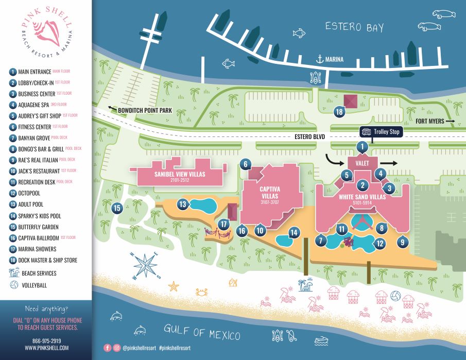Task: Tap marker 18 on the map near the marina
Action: pos(339,112)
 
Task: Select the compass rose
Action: pos(146,264)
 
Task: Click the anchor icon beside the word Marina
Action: pos(320,60)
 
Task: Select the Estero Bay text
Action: pos(354,27)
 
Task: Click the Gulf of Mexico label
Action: pos(202,333)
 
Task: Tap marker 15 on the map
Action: pos(117,208)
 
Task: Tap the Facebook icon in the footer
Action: pos(108,348)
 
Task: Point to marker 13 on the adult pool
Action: pos(183,204)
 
